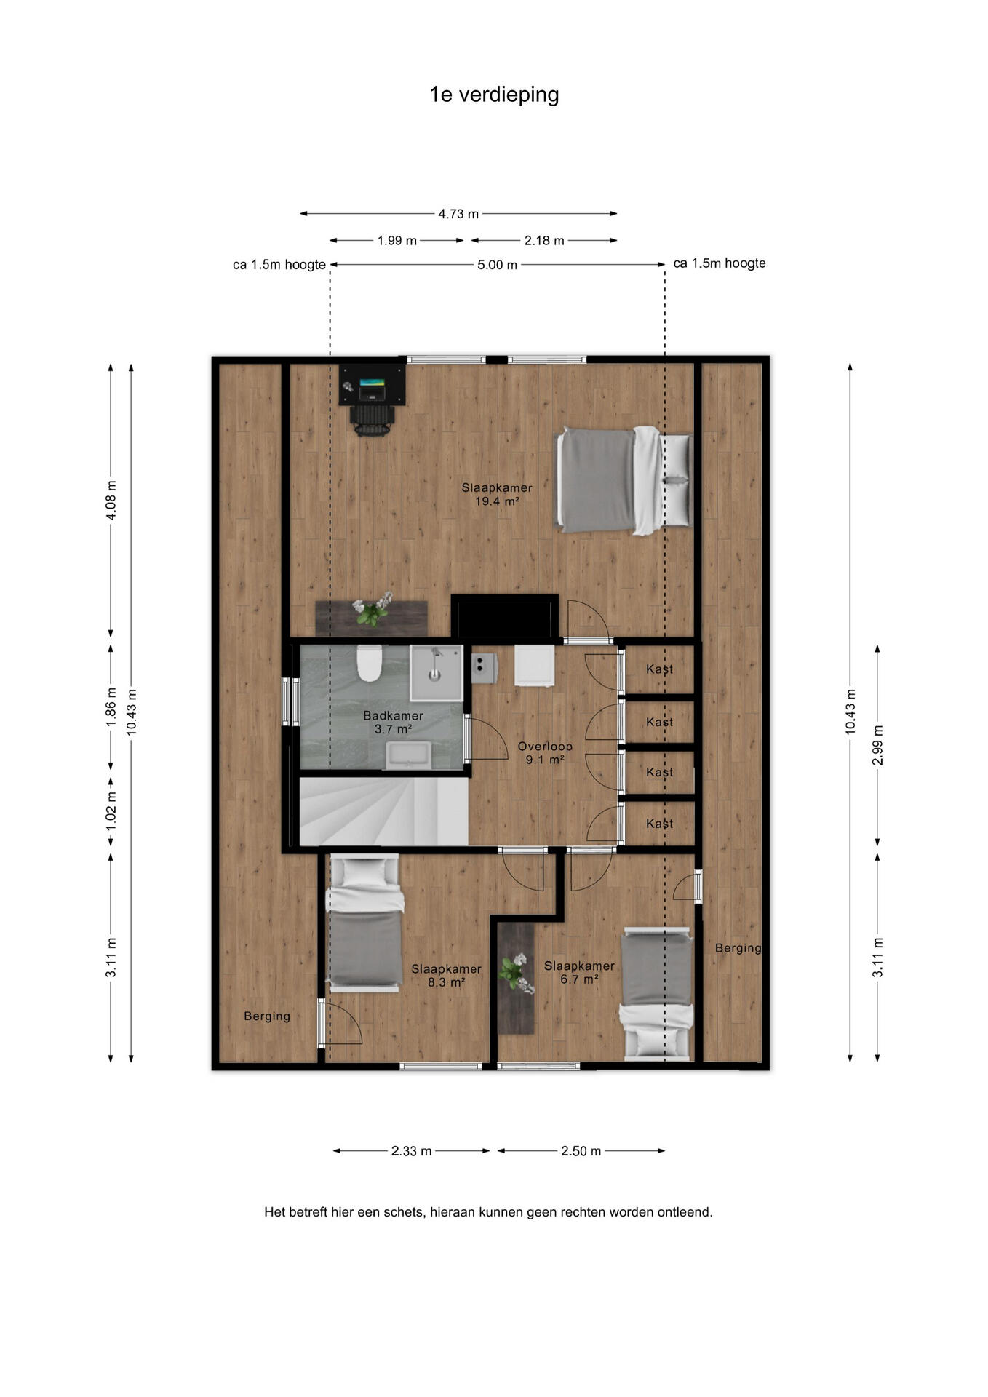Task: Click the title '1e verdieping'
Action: pyautogui.click(x=494, y=95)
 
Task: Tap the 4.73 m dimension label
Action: pyautogui.click(x=458, y=214)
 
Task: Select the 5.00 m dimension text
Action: pyautogui.click(x=497, y=265)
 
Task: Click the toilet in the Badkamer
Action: pyautogui.click(x=370, y=663)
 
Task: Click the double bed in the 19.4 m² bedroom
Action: pyautogui.click(x=624, y=480)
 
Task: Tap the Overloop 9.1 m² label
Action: pyautogui.click(x=545, y=753)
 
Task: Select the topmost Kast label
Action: pyautogui.click(x=659, y=669)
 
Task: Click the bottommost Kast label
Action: pyautogui.click(x=659, y=824)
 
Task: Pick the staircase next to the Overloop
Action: pyautogui.click(x=383, y=811)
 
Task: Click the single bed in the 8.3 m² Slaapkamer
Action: pyautogui.click(x=365, y=923)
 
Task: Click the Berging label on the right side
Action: pyautogui.click(x=738, y=948)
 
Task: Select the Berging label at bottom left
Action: pyautogui.click(x=267, y=1016)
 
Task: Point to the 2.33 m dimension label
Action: pyautogui.click(x=411, y=1151)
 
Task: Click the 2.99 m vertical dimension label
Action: pyautogui.click(x=877, y=745)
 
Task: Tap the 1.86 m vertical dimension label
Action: pyautogui.click(x=111, y=707)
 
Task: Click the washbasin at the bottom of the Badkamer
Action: pyautogui.click(x=409, y=755)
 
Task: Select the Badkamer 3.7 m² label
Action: pyautogui.click(x=393, y=723)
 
